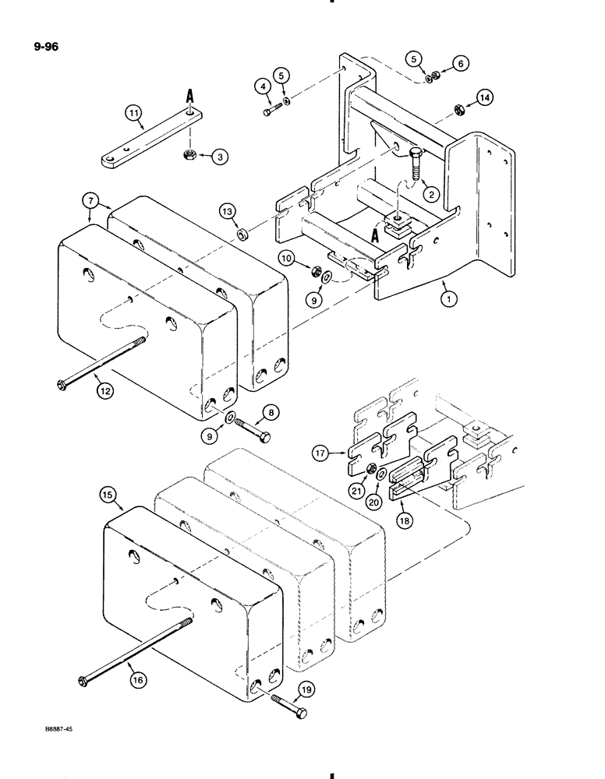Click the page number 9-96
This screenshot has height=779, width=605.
point(44,47)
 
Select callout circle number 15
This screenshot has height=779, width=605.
point(108,492)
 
